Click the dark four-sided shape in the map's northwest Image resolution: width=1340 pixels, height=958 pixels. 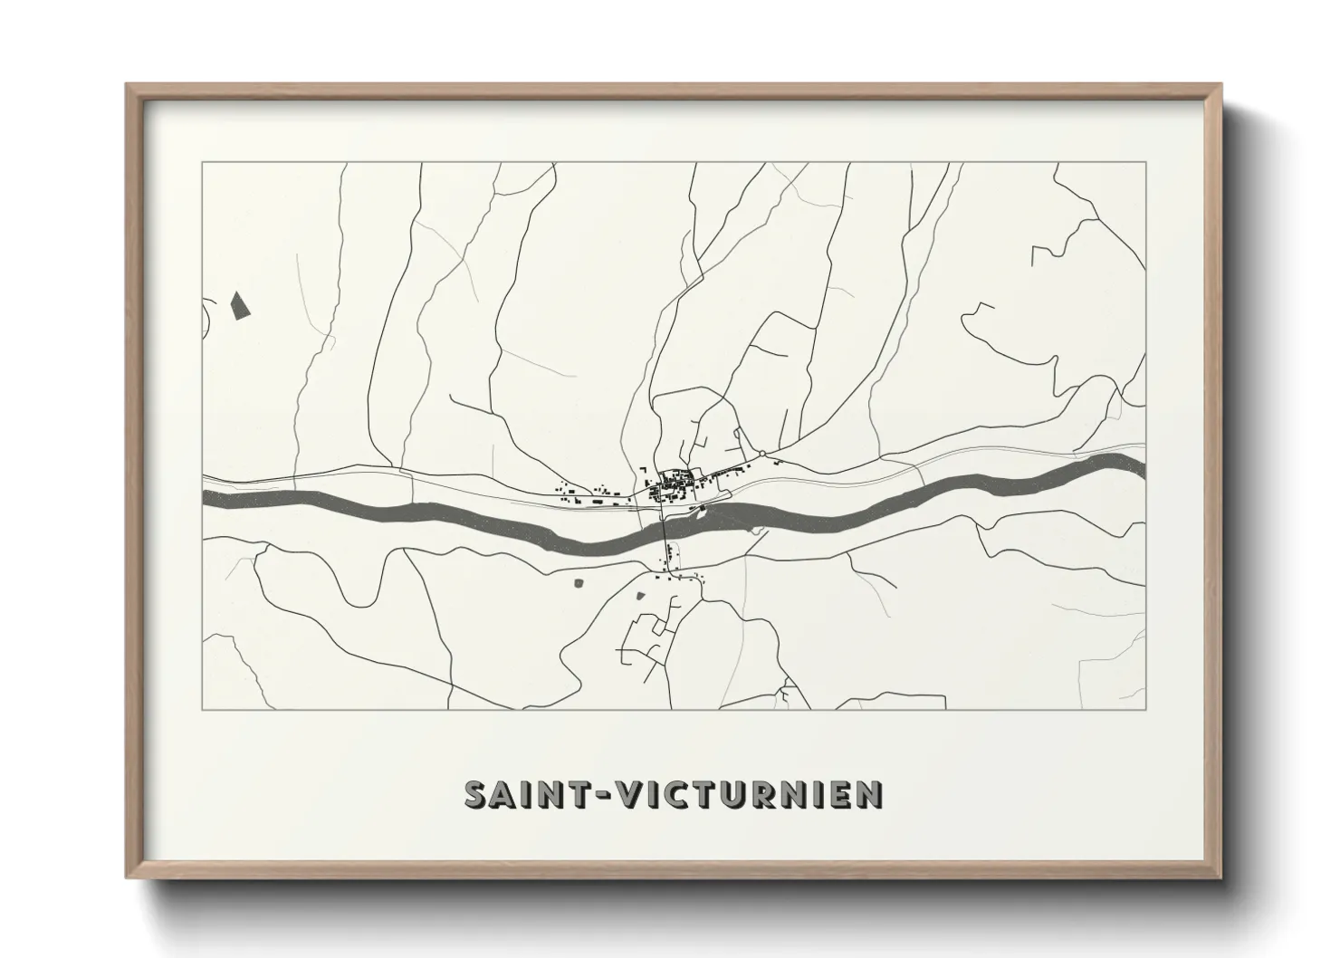[x=239, y=306]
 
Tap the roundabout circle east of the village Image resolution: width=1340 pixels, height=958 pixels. [x=762, y=454]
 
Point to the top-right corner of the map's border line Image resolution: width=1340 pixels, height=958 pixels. [x=1146, y=163]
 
